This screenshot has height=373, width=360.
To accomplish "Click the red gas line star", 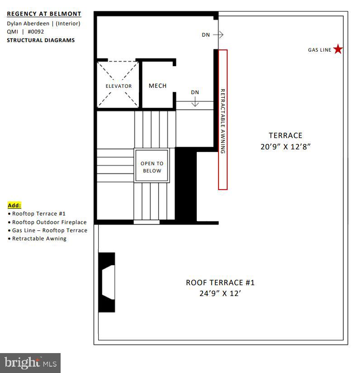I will (x=338, y=49).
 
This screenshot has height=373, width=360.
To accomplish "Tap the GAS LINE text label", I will (x=320, y=50).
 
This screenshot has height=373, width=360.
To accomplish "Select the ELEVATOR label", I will (x=118, y=86).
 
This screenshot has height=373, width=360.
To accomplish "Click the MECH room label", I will (x=157, y=86).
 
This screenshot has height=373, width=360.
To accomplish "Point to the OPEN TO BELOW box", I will (x=152, y=167).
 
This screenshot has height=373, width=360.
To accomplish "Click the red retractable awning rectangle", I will (x=223, y=120).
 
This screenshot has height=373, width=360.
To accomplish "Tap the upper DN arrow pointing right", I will (x=218, y=35).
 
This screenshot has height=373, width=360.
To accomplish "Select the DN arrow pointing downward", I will (x=195, y=102).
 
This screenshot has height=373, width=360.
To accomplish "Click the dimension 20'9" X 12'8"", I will (x=285, y=147).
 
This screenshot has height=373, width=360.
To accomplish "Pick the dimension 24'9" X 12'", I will (x=220, y=293).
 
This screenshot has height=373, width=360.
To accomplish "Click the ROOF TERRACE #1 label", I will (x=220, y=282).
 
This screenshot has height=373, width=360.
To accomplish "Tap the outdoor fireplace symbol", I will (x=107, y=282).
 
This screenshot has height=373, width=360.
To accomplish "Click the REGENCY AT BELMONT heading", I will (x=44, y=14).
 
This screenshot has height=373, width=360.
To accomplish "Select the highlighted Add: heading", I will (x=14, y=205).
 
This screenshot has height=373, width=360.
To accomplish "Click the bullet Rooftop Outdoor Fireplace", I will (x=49, y=222).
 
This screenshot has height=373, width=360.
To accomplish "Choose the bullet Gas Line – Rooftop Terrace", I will (x=49, y=230).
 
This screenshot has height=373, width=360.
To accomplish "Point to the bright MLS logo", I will (x=30, y=362).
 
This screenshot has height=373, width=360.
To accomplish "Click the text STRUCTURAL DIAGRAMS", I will (x=41, y=40).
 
